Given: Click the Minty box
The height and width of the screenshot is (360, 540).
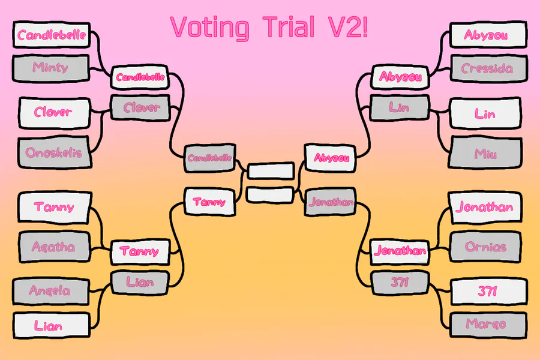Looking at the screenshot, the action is click(x=51, y=68).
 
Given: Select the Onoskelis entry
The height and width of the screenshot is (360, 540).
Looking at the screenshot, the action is click(x=55, y=152).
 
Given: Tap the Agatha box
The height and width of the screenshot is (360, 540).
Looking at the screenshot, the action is click(x=55, y=247).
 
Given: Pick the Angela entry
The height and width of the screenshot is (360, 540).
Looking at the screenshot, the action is click(x=51, y=292).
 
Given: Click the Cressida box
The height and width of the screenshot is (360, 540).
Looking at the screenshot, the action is click(x=488, y=68).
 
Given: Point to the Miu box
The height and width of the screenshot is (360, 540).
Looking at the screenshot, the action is click(x=485, y=152).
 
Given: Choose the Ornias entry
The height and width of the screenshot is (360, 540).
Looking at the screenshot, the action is click(x=485, y=247).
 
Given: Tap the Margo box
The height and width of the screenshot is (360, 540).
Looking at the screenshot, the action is click(x=488, y=325).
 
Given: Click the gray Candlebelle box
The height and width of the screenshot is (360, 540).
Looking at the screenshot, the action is click(x=210, y=158).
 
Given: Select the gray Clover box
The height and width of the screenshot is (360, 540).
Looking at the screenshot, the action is click(x=140, y=107).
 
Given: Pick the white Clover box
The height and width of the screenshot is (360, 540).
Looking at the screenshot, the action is click(x=55, y=113).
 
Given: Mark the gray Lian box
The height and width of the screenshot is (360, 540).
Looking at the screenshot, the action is click(x=140, y=283).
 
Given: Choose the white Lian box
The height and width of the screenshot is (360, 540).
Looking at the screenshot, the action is click(x=51, y=325).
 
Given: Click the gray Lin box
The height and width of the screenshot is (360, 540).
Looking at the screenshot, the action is click(x=400, y=108).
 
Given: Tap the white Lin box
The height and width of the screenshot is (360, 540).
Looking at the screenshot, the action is click(x=485, y=113).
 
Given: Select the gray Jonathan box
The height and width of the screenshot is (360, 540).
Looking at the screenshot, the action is click(x=331, y=202).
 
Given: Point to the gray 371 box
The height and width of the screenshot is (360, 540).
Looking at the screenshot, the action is click(x=400, y=283).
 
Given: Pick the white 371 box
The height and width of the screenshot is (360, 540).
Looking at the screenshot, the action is click(x=488, y=292).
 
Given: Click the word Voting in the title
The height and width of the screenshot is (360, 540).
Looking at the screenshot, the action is click(x=210, y=28).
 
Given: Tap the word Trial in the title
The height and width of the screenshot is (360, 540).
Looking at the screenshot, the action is click(x=289, y=26).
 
